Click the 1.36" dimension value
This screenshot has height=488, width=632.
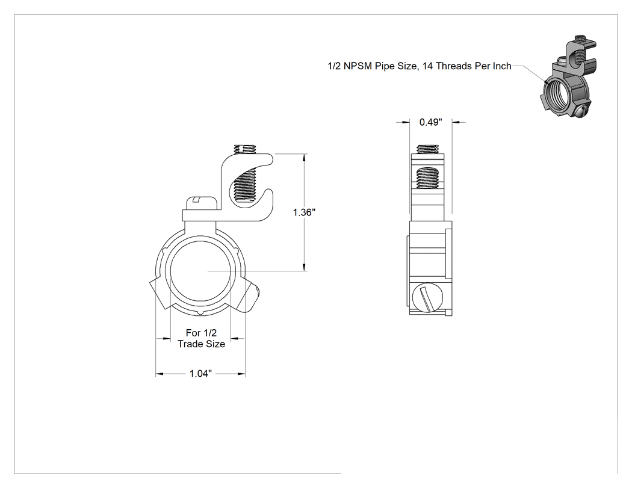click(x=304, y=212)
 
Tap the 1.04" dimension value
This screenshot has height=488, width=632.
click(x=200, y=374)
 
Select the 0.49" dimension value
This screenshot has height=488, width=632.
click(x=431, y=122)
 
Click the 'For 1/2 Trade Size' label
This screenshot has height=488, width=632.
click(x=201, y=339)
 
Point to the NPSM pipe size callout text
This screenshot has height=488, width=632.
click(x=420, y=66)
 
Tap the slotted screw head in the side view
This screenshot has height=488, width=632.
click(x=427, y=298)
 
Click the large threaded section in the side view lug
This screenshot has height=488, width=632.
click(x=427, y=178)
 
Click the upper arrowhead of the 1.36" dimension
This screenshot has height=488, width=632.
click(x=305, y=158)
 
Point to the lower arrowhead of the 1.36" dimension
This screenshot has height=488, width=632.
click(x=305, y=267)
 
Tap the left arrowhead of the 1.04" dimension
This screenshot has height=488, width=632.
click(x=160, y=374)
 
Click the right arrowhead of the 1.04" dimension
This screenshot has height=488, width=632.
click(x=241, y=374)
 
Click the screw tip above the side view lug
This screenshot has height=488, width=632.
click(x=427, y=149)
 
